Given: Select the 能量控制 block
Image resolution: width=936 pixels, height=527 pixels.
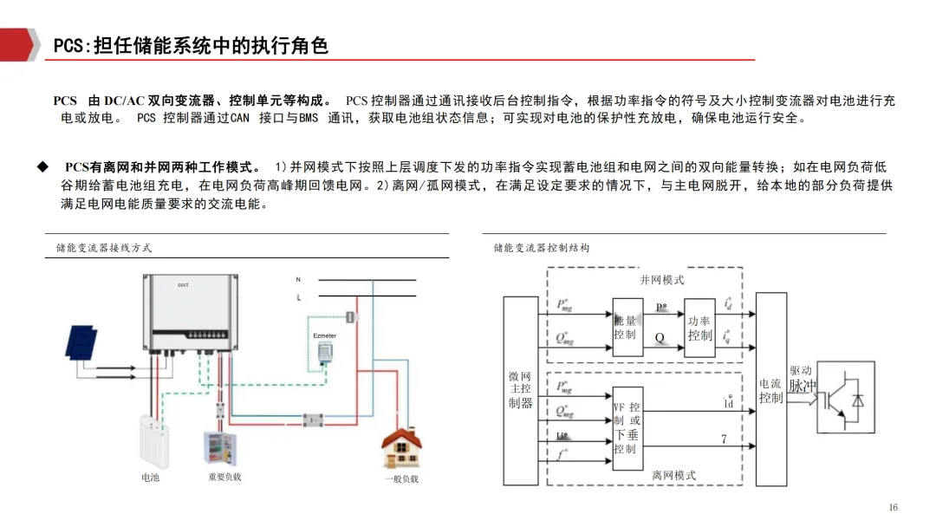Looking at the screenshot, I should click(x=625, y=327).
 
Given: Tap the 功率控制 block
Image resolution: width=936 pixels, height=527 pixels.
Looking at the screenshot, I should click(x=699, y=327).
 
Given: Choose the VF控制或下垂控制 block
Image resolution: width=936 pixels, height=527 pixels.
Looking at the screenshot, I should click(x=627, y=428).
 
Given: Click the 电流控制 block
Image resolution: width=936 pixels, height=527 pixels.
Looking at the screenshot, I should click(x=771, y=389).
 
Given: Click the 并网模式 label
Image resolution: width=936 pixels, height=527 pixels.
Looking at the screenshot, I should click(x=661, y=280).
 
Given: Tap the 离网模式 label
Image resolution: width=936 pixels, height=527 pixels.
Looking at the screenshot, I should click(x=673, y=475).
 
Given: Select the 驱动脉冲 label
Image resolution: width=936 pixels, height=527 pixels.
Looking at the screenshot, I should click(x=802, y=378).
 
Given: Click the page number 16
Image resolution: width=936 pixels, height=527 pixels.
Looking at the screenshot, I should click(x=894, y=507).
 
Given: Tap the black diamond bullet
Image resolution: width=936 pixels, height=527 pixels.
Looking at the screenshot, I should click(x=41, y=166).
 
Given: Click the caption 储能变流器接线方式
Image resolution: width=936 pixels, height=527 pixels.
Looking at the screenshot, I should click(x=104, y=247).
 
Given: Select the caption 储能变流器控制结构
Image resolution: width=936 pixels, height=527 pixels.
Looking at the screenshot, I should click(x=542, y=247).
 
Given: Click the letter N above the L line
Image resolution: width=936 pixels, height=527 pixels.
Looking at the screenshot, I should click(x=298, y=280).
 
